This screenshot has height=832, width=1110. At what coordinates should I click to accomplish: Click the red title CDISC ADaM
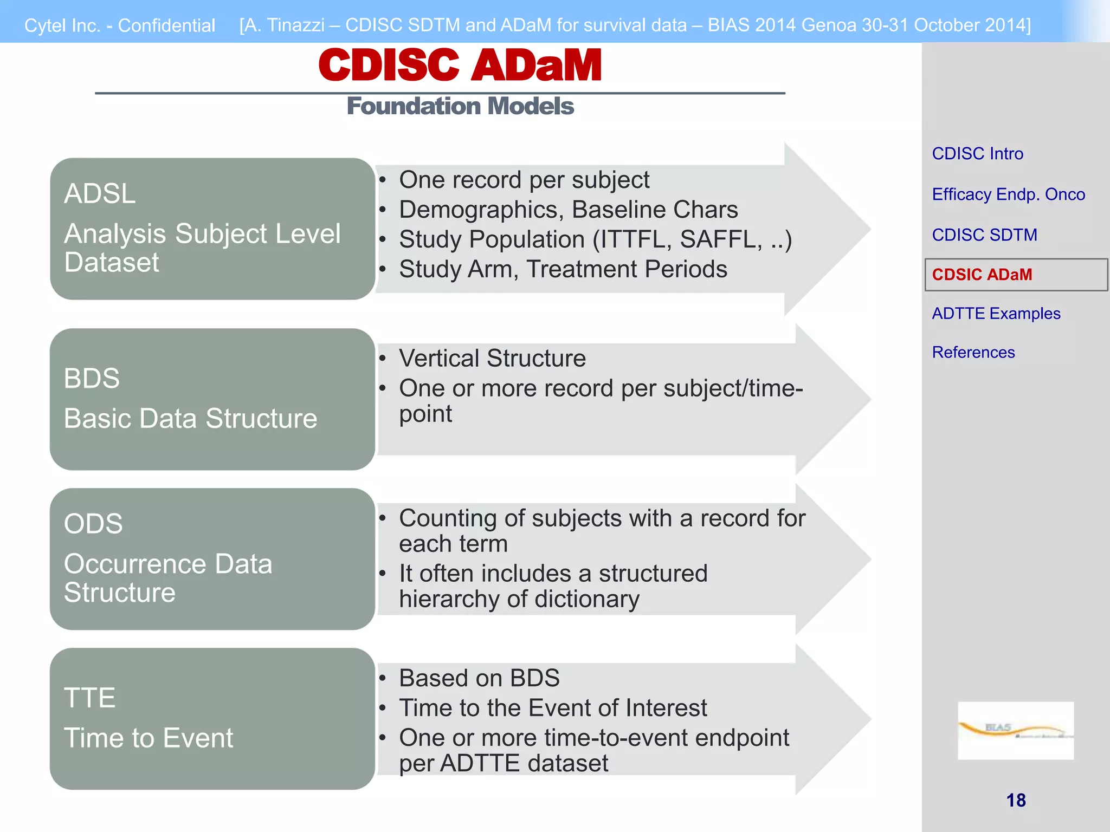click(460, 65)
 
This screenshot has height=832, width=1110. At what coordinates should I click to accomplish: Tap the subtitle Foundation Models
click(460, 106)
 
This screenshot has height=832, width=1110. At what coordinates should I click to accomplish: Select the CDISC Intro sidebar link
click(977, 154)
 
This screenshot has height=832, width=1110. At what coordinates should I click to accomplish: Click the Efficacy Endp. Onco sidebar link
click(1008, 194)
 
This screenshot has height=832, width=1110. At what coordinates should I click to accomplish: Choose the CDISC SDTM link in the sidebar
click(984, 235)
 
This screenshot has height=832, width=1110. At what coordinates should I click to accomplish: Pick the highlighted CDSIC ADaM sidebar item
click(982, 275)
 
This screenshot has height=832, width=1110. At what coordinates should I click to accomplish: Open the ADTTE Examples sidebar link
click(996, 314)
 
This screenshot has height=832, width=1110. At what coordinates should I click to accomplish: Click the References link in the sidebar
click(973, 353)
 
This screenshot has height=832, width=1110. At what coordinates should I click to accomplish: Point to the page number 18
click(1016, 800)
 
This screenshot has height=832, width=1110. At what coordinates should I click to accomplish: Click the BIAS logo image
click(1015, 730)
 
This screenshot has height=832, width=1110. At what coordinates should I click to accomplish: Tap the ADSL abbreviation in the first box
click(100, 194)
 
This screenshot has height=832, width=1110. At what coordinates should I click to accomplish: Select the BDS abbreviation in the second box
click(92, 378)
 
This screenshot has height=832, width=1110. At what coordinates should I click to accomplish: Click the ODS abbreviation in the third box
click(93, 524)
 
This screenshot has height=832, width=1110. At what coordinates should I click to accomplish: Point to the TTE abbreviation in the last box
click(89, 698)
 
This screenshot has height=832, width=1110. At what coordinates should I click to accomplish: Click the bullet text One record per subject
click(524, 180)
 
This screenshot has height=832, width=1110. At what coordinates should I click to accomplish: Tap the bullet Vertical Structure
click(492, 359)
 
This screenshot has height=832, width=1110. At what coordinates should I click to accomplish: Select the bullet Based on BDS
click(479, 678)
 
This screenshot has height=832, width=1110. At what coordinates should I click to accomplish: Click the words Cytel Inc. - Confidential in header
click(120, 25)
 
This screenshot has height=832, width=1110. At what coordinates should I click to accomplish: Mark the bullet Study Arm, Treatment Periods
click(563, 269)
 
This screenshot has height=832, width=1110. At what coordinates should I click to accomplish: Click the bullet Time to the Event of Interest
click(553, 708)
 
